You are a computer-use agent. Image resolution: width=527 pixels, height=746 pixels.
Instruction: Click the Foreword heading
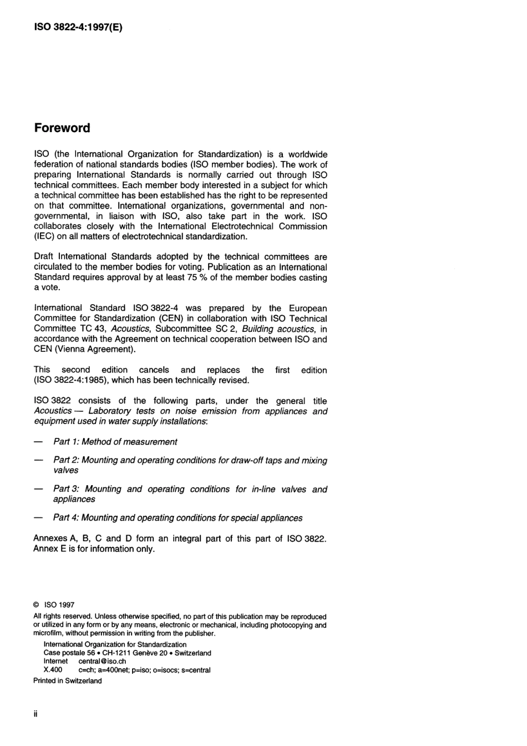[62, 128]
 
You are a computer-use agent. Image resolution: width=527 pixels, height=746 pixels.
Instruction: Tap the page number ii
[36, 714]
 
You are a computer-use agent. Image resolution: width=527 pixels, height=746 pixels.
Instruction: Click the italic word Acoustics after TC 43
[130, 329]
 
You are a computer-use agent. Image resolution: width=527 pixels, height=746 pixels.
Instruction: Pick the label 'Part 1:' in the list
[66, 442]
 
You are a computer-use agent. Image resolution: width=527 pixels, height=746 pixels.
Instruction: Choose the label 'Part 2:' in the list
[66, 460]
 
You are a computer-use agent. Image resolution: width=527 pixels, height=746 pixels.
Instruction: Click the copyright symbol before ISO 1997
[36, 605]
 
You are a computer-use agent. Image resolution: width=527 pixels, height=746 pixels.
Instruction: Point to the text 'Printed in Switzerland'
[68, 681]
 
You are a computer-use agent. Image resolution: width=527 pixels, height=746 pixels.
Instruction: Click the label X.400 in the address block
[53, 670]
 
